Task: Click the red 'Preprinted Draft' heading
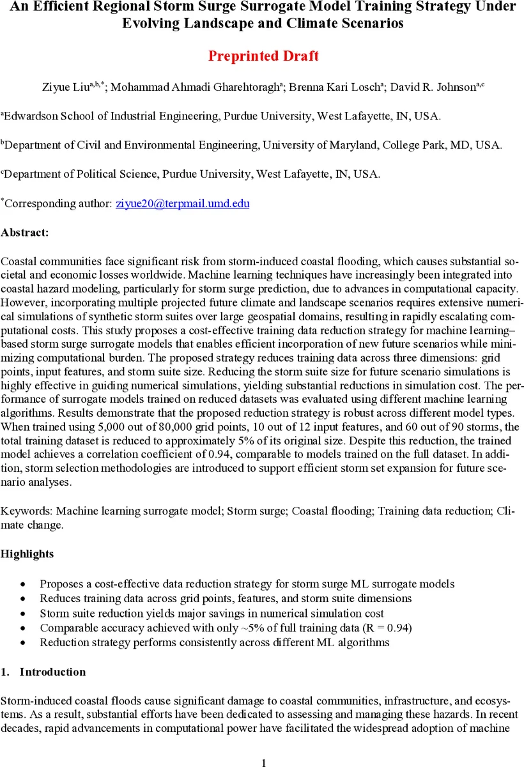(x=263, y=56)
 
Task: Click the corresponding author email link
(x=182, y=204)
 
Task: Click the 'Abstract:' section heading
(x=24, y=233)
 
